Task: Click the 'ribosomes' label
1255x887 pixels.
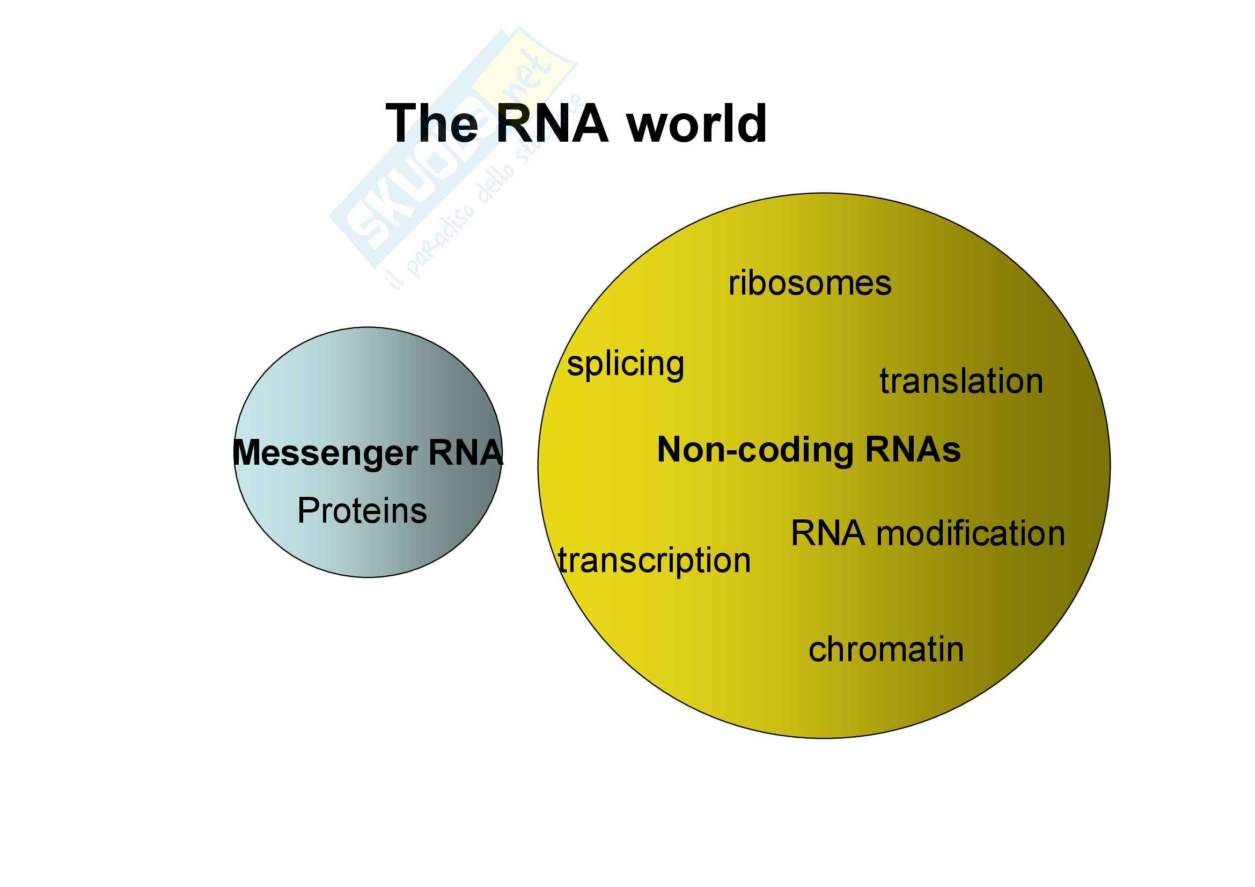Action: point(810,283)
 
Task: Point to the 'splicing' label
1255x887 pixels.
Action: point(625,364)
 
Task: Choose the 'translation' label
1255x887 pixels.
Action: point(962,381)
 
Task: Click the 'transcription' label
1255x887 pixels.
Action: point(654,561)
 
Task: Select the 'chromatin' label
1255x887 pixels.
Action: point(886,649)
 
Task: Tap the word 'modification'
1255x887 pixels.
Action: point(971,533)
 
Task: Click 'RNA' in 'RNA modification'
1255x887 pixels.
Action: point(828,533)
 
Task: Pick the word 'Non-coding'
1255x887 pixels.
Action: point(755,450)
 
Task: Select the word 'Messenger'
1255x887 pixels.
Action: point(325,453)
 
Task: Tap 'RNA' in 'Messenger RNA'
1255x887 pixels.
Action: point(465,452)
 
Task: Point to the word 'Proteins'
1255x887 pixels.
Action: point(362,511)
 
